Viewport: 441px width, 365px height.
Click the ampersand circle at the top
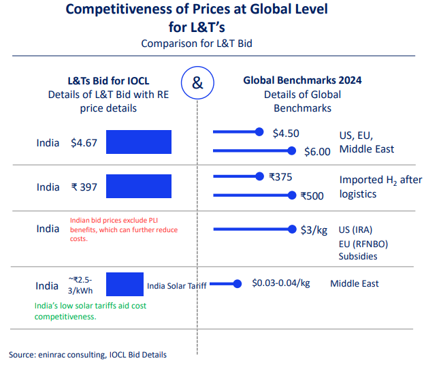click(197, 84)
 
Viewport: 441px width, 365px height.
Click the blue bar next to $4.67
click(139, 142)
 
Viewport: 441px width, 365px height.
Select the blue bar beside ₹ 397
click(139, 186)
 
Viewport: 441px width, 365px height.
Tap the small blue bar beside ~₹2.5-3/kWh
click(125, 284)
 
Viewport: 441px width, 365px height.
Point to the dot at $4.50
click(259, 132)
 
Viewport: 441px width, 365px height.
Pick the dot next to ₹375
click(259, 176)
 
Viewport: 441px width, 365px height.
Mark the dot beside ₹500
click(293, 195)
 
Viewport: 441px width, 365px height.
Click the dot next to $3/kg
click(293, 229)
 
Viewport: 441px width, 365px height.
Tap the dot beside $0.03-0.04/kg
click(238, 284)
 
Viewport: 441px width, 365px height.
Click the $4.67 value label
click(84, 143)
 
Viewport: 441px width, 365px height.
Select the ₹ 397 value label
click(84, 187)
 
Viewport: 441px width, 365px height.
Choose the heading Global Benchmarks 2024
click(302, 80)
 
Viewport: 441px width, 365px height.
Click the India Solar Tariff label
click(176, 285)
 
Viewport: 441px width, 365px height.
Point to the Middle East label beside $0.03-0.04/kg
click(355, 283)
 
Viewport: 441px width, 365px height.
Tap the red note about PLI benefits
click(124, 229)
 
